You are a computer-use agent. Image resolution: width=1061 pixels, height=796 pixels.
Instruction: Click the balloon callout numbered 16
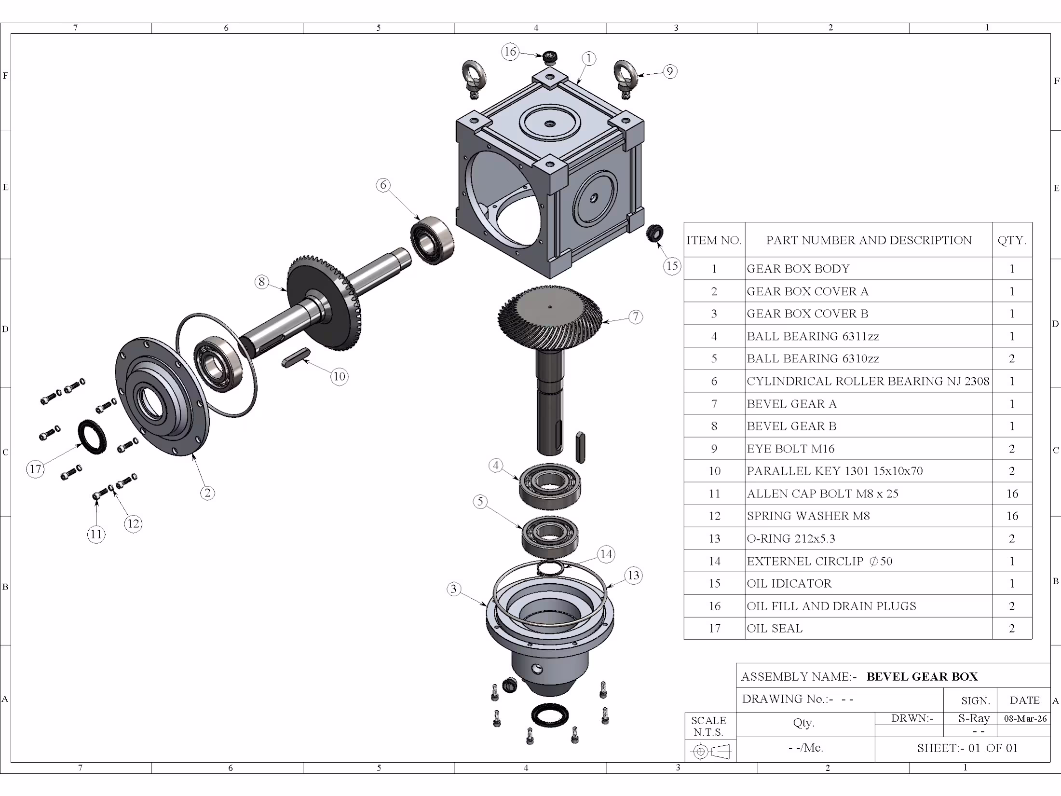pyautogui.click(x=510, y=52)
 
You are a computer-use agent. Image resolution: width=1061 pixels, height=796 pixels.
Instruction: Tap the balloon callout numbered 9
pyautogui.click(x=670, y=71)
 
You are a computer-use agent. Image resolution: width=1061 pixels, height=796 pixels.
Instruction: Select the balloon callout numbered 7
pyautogui.click(x=636, y=316)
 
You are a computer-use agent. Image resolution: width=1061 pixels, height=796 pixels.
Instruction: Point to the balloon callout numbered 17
pyautogui.click(x=35, y=468)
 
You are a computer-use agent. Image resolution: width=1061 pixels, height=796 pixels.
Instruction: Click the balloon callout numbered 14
pyautogui.click(x=606, y=554)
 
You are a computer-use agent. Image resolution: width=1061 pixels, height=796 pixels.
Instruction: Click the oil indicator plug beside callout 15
pyautogui.click(x=654, y=233)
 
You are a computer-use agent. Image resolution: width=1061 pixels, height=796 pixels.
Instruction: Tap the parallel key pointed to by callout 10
pyautogui.click(x=295, y=357)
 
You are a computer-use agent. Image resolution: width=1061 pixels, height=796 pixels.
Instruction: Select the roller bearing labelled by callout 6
pyautogui.click(x=432, y=240)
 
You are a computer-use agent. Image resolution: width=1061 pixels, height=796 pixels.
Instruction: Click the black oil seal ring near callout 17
pyautogui.click(x=92, y=437)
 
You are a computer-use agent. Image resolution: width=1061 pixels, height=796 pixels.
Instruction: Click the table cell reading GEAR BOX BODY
pyautogui.click(x=798, y=269)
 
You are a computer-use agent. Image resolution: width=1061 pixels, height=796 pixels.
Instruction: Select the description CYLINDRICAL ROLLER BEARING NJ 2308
pyautogui.click(x=868, y=381)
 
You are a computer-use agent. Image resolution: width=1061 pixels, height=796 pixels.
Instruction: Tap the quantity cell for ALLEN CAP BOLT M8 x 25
pyautogui.click(x=1012, y=494)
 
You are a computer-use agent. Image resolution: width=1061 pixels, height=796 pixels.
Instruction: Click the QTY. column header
pyautogui.click(x=1012, y=240)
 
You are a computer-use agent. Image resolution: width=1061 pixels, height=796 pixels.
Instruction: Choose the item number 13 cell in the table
pyautogui.click(x=714, y=538)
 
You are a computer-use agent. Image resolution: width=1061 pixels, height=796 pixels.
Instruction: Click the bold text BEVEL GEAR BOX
pyautogui.click(x=922, y=676)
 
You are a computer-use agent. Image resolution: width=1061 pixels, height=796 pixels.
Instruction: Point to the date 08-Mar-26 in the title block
pyautogui.click(x=1025, y=718)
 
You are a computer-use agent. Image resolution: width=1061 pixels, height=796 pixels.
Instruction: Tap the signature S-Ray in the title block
pyautogui.click(x=974, y=718)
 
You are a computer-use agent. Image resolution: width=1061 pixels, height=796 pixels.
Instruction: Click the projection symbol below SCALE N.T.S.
pyautogui.click(x=710, y=751)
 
